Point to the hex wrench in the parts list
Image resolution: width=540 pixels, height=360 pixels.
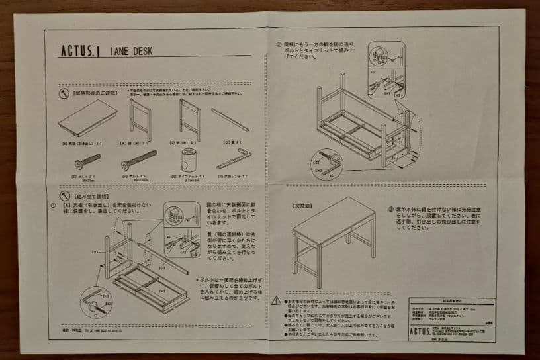(x=234, y=159)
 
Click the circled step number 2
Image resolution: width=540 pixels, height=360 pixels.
(x=279, y=46)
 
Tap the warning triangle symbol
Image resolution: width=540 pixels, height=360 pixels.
(x=275, y=300)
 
